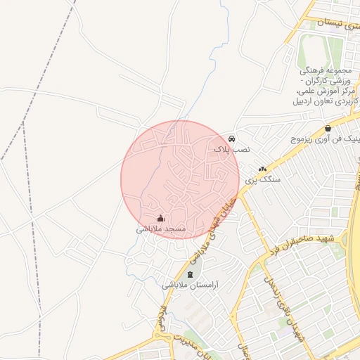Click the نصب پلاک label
231,149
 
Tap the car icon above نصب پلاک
232,139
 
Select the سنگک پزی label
262,180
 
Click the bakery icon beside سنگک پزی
262,169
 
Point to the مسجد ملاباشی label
160,229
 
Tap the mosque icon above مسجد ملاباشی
160,218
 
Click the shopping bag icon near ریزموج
328,128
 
